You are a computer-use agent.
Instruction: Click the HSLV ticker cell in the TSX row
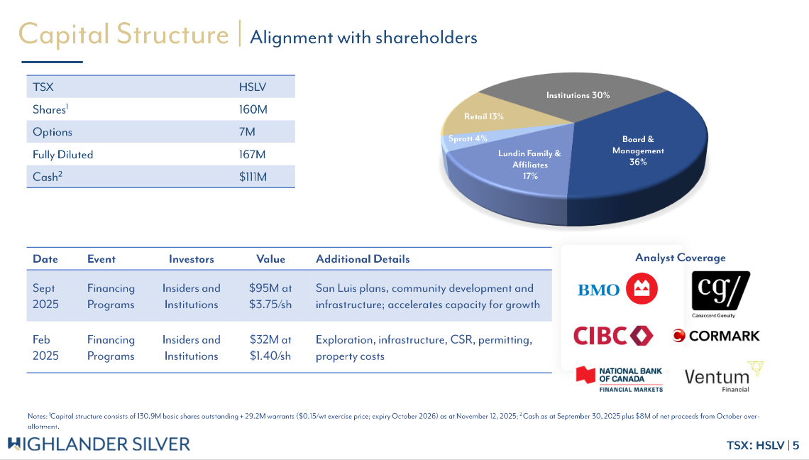[x=253, y=87]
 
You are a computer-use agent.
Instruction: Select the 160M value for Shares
[x=253, y=109]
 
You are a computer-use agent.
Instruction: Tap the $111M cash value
[x=253, y=177]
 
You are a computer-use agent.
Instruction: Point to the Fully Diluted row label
[x=63, y=154]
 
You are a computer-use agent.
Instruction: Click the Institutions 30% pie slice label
[x=578, y=95]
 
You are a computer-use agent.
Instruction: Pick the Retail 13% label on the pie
[x=483, y=116]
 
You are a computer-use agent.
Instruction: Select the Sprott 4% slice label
[x=468, y=138]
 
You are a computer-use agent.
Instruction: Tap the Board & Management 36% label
[x=638, y=150]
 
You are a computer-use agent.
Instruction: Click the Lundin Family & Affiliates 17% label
[x=530, y=165]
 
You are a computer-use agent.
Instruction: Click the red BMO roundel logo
[x=642, y=289]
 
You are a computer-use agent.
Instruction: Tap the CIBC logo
[x=613, y=336]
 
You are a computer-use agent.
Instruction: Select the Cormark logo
[x=716, y=336]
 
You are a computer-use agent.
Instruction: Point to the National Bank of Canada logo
[x=619, y=379]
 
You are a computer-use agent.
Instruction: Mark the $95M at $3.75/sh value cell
[x=270, y=296]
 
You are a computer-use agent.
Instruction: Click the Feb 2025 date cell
[x=45, y=348]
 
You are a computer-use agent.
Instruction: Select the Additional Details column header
[x=363, y=259]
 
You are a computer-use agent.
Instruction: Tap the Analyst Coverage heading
[x=680, y=258]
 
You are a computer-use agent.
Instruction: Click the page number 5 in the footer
[x=796, y=445]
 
